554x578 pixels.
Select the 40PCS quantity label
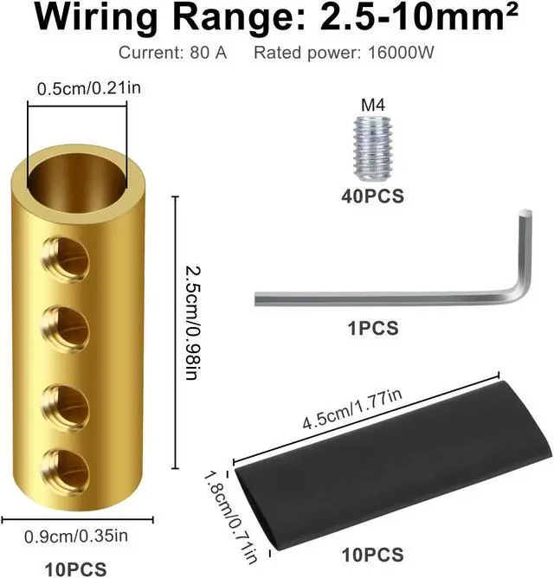click(x=372, y=196)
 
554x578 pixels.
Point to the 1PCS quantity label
click(x=372, y=328)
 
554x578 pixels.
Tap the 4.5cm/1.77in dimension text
click(x=353, y=410)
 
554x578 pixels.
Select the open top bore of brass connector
click(x=78, y=172)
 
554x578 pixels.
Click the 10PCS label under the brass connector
click(x=76, y=568)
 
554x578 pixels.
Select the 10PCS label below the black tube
click(x=372, y=554)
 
